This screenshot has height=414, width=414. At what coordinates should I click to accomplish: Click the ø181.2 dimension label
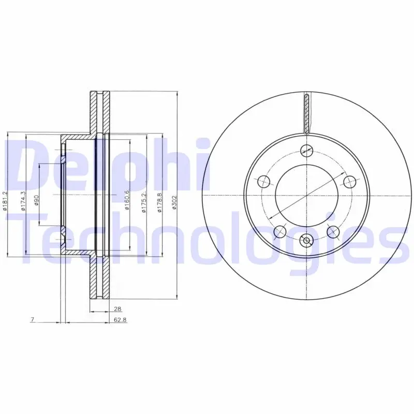(5, 201)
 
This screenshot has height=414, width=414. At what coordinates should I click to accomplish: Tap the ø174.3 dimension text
(23, 201)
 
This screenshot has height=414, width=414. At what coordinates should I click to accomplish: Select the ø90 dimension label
(36, 200)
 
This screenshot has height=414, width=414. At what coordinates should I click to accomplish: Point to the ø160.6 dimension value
(127, 200)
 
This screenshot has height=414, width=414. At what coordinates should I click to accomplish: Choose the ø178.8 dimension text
(159, 202)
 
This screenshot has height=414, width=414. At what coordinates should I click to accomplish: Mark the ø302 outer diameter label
(174, 202)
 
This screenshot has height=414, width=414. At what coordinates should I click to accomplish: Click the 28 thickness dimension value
(117, 308)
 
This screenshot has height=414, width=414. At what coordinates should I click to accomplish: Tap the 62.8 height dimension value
(121, 320)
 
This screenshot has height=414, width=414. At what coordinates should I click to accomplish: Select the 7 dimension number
(33, 319)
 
